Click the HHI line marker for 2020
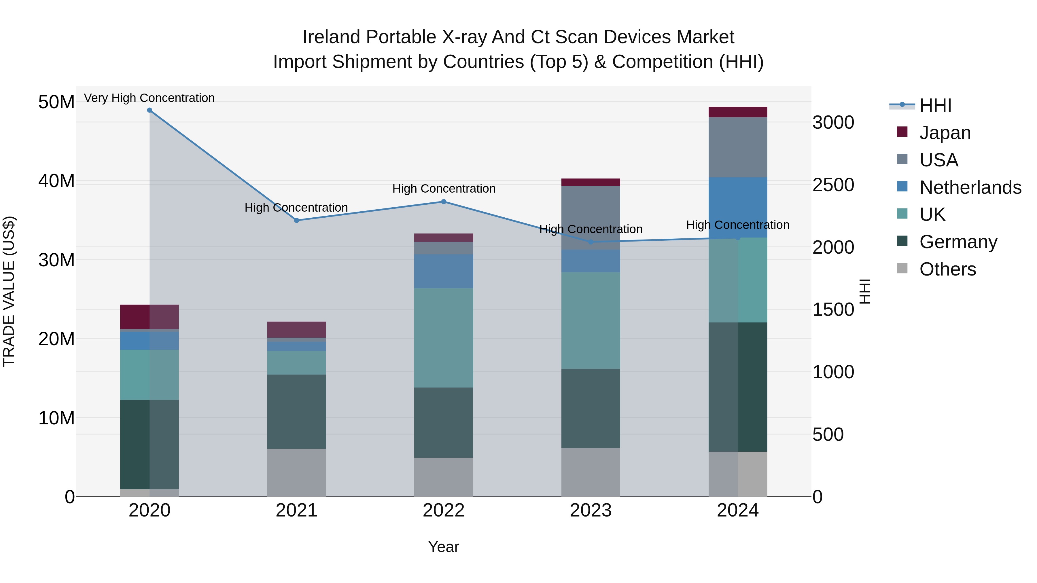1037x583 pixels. (149, 110)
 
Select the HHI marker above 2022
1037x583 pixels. (444, 202)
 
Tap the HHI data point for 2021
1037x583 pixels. (297, 221)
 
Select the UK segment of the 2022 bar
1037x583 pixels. (444, 338)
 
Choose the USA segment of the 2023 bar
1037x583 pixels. (591, 217)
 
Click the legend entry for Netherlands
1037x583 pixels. (970, 187)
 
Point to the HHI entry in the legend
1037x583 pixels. (935, 105)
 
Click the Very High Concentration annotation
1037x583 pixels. (149, 98)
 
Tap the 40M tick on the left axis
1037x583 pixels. (56, 181)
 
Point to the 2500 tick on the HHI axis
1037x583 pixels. (833, 185)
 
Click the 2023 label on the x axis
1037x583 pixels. (591, 510)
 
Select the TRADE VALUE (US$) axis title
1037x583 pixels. (9, 291)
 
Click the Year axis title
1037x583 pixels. (444, 547)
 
